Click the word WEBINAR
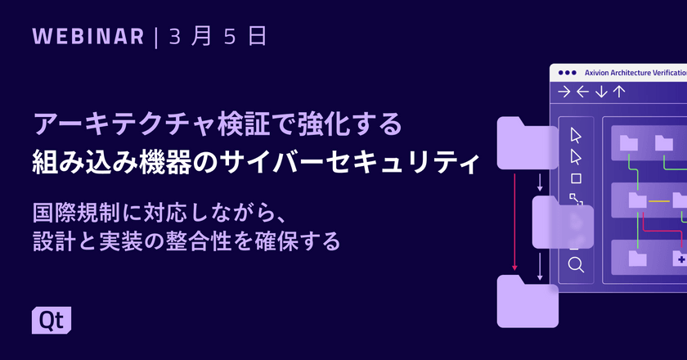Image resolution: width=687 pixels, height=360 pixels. click(89, 37)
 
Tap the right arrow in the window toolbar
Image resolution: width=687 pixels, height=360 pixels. click(564, 92)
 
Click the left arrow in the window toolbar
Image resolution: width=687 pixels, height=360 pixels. click(582, 92)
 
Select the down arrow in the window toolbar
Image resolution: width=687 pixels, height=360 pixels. click(601, 92)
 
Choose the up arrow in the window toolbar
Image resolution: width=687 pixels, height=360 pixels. click(619, 92)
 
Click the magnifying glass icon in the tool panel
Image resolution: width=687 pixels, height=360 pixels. click(576, 263)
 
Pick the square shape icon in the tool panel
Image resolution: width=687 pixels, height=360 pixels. click(576, 178)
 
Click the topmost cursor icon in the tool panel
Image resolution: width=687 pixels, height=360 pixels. click(576, 135)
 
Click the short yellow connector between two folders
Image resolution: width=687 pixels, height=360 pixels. click(659, 199)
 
